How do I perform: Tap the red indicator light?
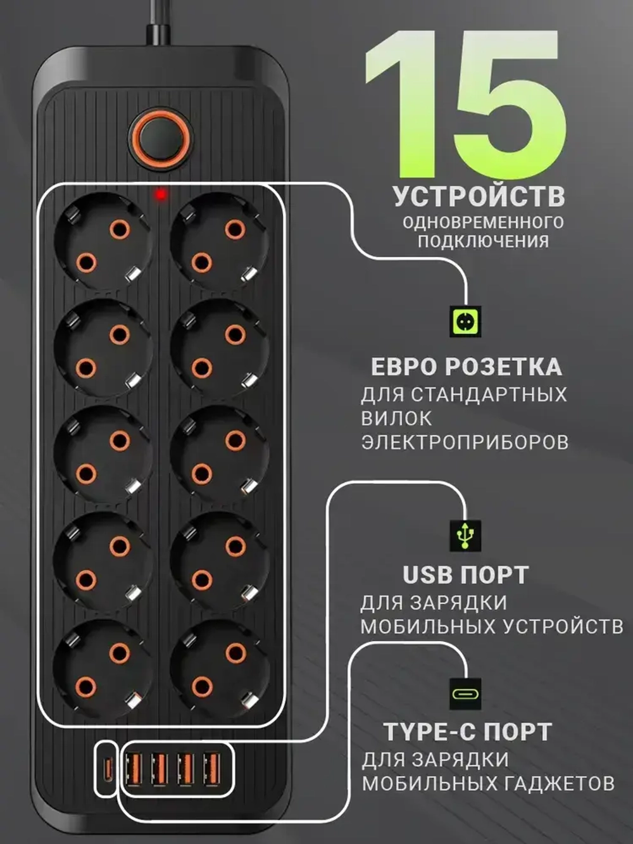[x=161, y=194]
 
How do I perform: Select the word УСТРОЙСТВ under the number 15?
[x=479, y=196]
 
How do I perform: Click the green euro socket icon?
[x=465, y=322]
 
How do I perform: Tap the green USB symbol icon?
[x=465, y=535]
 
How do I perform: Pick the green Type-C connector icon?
[x=465, y=694]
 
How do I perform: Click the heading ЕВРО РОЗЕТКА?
[x=466, y=367]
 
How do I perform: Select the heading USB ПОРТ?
[x=465, y=575]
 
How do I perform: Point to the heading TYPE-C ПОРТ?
[x=468, y=732]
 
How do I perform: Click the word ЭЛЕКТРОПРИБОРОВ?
[x=465, y=442]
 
